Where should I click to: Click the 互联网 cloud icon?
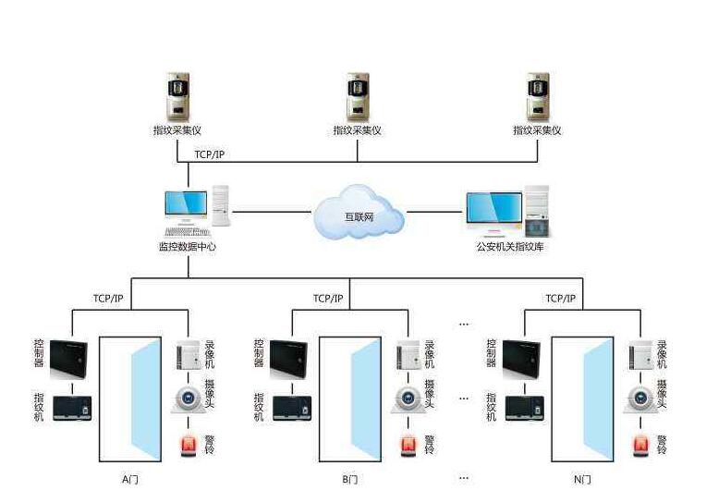click(359, 213)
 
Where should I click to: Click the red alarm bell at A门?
click(187, 446)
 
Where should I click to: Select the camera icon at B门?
click(407, 399)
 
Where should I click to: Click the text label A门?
click(130, 479)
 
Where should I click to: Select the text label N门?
click(582, 479)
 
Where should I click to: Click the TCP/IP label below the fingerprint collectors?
click(209, 153)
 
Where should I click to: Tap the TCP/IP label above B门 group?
click(328, 299)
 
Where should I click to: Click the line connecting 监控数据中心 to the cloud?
click(273, 212)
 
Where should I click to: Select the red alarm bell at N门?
click(639, 446)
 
